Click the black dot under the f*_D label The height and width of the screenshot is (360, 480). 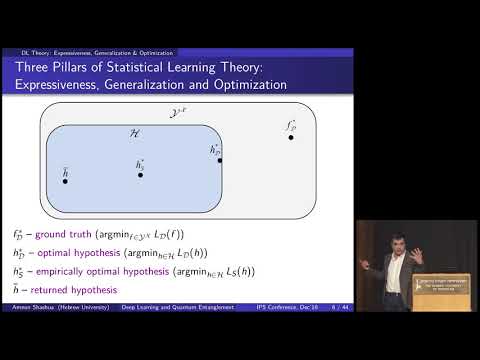[x=291, y=136]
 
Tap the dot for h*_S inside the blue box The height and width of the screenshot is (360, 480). [x=140, y=175]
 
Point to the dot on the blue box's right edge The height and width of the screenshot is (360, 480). [x=219, y=159]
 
